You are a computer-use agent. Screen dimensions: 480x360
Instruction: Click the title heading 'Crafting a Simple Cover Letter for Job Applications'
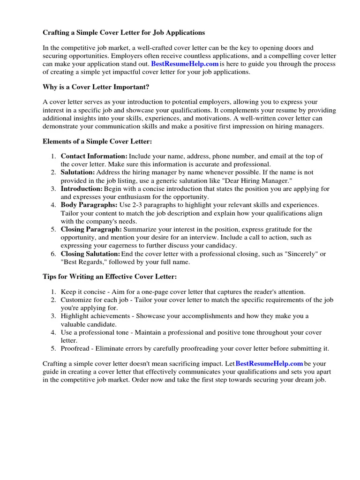124,33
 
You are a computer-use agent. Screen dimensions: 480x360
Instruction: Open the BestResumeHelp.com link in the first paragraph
185,64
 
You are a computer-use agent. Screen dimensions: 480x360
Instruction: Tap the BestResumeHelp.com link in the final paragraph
269,364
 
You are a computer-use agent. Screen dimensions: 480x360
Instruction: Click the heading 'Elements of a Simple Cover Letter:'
97,141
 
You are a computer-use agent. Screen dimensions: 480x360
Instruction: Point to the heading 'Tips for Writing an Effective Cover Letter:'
110,277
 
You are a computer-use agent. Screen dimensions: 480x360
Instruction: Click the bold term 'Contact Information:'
94,156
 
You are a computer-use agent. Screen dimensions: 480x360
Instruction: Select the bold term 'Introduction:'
82,189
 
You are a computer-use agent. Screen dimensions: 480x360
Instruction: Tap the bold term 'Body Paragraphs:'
89,205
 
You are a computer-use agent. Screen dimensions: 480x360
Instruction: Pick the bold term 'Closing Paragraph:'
91,230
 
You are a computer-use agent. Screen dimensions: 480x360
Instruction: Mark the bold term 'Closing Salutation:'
90,254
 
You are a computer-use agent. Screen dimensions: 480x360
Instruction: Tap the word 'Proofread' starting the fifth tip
76,348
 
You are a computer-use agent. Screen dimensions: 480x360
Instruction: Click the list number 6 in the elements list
54,254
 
